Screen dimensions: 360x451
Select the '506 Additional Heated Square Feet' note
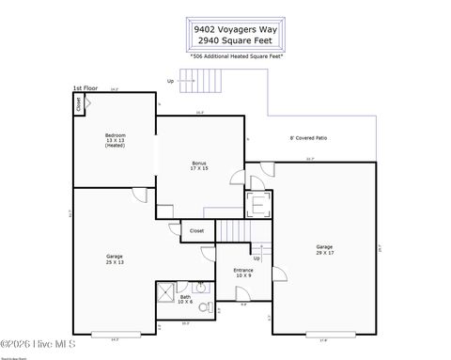pos(237,56)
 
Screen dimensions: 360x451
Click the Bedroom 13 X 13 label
pos(115,141)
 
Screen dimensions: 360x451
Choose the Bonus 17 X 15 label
pos(199,165)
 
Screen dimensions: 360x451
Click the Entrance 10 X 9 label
pos(243,273)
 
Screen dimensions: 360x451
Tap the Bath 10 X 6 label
pos(186,300)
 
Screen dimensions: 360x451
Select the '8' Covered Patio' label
pos(308,137)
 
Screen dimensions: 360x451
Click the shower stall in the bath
pos(164,291)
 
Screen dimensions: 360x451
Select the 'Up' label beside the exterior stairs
pos(170,80)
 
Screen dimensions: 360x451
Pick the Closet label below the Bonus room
pos(196,230)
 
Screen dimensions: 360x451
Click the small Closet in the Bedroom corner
pos(78,104)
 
